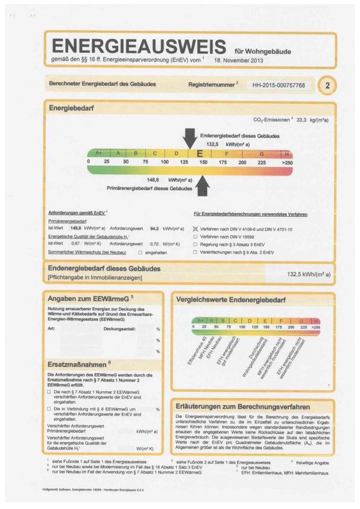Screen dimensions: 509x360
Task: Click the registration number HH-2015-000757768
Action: click(x=278, y=85)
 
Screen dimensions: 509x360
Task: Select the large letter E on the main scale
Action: click(x=200, y=154)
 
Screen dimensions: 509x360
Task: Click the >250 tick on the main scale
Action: click(x=287, y=162)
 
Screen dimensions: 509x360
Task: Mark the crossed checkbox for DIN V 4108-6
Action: click(x=195, y=229)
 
